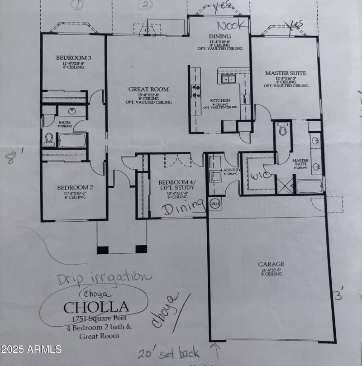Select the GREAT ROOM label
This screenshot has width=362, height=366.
tap(148, 90)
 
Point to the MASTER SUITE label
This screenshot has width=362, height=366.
tap(286, 73)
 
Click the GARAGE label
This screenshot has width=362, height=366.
tap(271, 264)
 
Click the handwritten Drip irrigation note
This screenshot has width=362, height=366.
tap(104, 277)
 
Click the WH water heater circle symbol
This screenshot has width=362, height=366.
tap(215, 204)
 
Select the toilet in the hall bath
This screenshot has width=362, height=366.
tap(49, 140)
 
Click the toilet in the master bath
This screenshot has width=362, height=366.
tap(283, 129)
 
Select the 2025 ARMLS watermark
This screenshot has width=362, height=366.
tap(31, 349)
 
